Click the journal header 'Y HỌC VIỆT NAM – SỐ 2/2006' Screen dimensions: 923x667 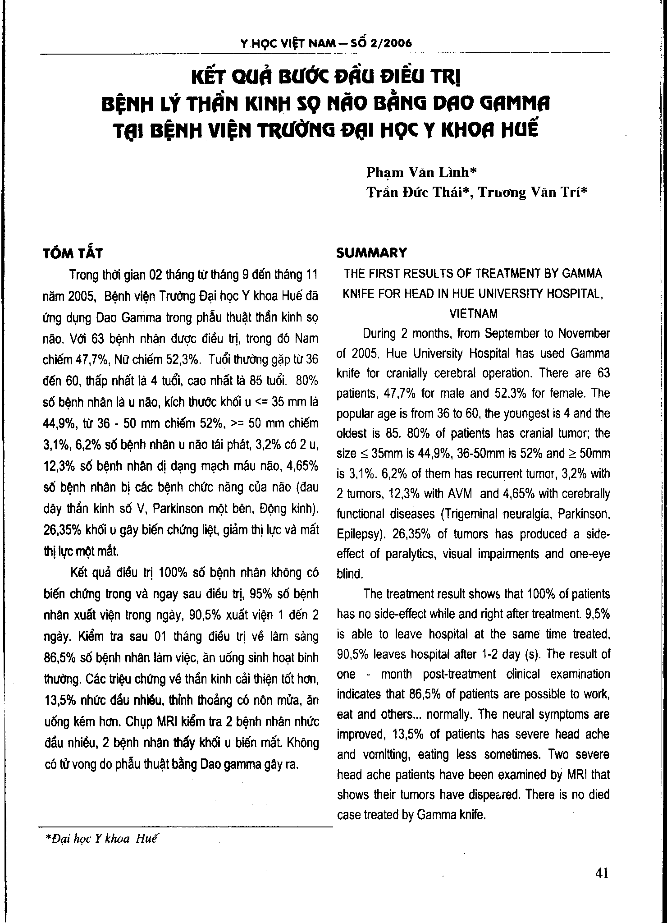point(326,43)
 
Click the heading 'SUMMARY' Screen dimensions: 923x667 point(372,253)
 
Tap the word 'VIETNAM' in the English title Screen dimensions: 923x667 point(473,313)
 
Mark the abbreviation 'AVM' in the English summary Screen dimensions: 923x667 point(459,494)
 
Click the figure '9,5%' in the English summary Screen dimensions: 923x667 point(596,614)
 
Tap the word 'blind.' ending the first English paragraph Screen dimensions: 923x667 point(350,574)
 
